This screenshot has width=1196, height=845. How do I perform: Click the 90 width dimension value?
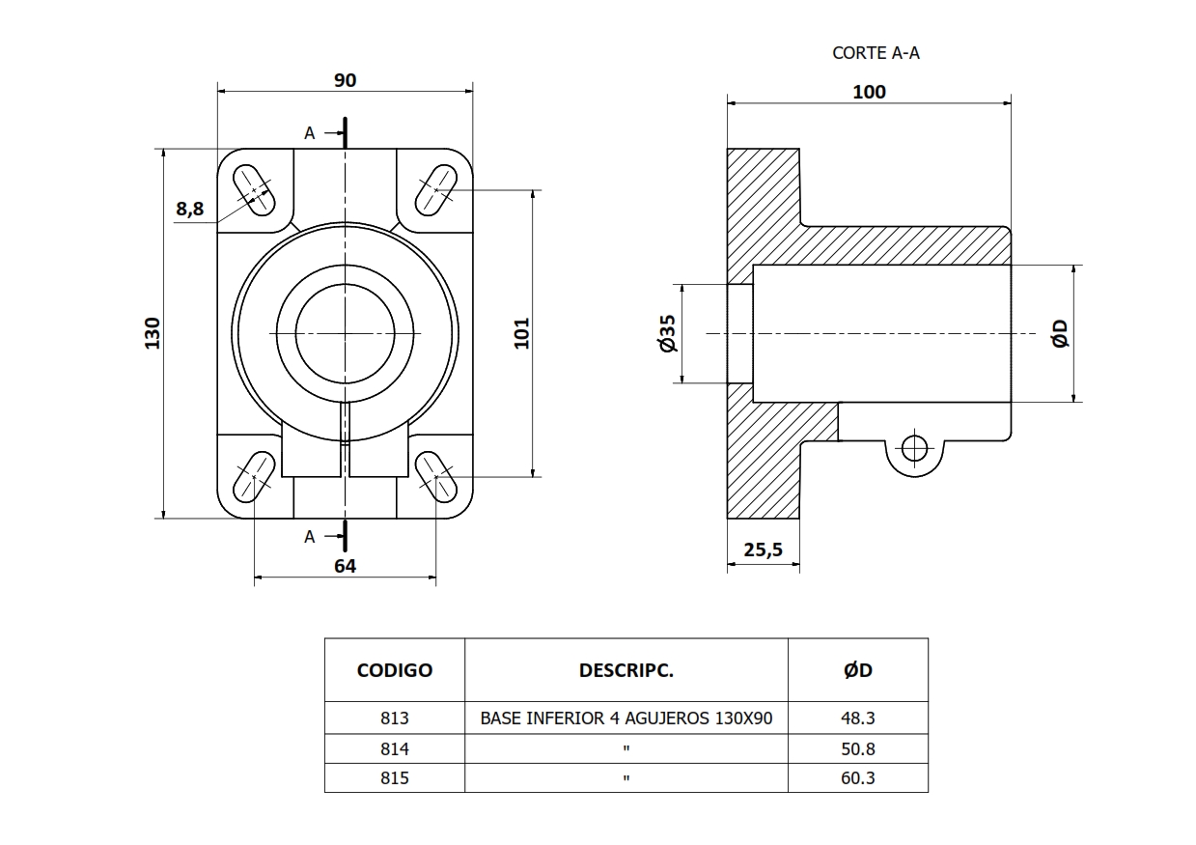346,80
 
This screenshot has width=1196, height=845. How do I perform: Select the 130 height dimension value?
153,332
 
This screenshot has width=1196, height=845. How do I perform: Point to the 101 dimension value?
522,332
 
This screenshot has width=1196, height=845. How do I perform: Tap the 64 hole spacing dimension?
345,566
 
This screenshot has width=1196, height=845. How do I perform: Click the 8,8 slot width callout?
190,209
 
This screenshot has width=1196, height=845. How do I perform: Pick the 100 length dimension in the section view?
869,92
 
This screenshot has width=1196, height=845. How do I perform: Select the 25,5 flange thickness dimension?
763,549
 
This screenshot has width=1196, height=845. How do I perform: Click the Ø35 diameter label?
666,333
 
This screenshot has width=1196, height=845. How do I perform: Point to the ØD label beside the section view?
1060,333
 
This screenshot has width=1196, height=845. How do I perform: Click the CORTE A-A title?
876,53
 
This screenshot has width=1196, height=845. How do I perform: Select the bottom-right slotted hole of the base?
436,476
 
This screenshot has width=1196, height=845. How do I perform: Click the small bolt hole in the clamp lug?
913,447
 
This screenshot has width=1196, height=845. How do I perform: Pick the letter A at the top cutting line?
309,133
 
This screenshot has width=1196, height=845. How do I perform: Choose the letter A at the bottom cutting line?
309,537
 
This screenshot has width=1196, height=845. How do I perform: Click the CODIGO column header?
395,670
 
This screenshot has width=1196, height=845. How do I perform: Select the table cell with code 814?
395,748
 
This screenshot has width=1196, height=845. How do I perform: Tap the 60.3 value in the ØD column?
857,777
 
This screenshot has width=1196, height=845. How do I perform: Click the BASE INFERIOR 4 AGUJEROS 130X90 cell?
626,718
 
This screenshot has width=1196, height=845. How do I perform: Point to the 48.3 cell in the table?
857,718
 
